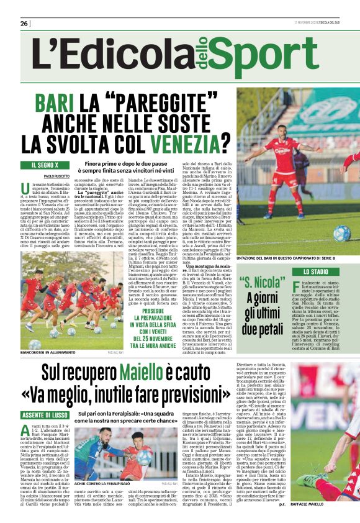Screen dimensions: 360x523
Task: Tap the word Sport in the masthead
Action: click(277, 55)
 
